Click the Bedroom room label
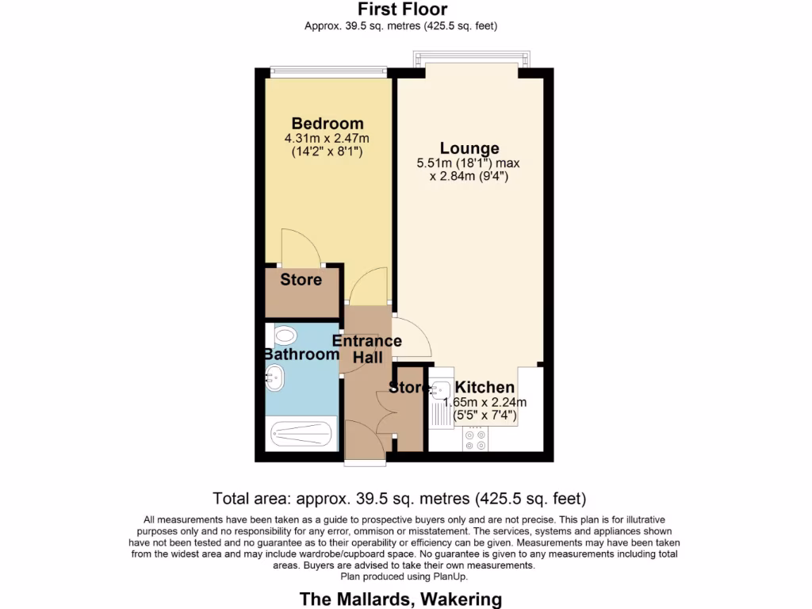click(x=327, y=124)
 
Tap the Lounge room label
click(x=469, y=148)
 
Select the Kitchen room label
click(x=485, y=388)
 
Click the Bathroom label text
click(x=301, y=354)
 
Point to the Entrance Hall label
click(x=366, y=349)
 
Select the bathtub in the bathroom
click(x=301, y=433)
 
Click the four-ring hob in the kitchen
click(x=477, y=440)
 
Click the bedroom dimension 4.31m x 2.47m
click(x=327, y=139)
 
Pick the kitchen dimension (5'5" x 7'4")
click(x=485, y=415)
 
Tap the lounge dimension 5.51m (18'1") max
click(x=468, y=163)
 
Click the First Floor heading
click(x=402, y=10)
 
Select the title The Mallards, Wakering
click(x=400, y=599)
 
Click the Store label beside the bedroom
click(x=301, y=280)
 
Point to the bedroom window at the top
click(x=327, y=71)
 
